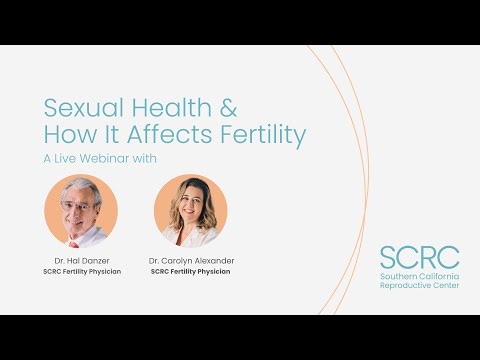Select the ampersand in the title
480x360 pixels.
tap(227, 107)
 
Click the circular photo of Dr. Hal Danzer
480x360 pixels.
tap(81, 211)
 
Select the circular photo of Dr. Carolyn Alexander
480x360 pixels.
tap(190, 211)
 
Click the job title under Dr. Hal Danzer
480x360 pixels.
tap(82, 271)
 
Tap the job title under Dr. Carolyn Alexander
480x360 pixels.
tap(191, 271)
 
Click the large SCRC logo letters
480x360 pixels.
tap(419, 258)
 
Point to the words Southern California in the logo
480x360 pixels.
tap(419, 276)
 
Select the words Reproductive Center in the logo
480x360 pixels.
tap(419, 286)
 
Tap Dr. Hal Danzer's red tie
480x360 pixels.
tap(75, 242)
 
